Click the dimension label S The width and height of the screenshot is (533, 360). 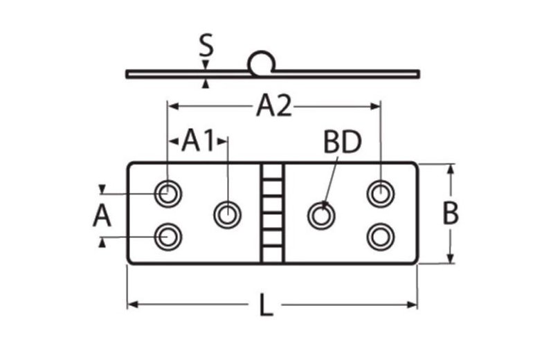click(205, 47)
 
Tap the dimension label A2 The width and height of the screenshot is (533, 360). click(274, 106)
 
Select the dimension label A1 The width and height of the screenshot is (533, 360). click(198, 141)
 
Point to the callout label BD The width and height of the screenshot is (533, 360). click(342, 143)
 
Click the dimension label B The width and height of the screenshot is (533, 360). click(451, 214)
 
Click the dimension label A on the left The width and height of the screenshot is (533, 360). click(102, 216)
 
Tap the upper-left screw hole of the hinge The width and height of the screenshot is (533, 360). click(167, 193)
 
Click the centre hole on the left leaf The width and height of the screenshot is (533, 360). click(226, 215)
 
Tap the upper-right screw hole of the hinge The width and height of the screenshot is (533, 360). click(380, 193)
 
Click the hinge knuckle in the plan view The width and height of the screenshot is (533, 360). click(273, 214)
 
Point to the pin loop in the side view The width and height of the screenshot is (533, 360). click(262, 63)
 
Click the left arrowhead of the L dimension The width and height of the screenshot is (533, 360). click(132, 304)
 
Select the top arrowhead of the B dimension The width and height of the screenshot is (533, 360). click(451, 168)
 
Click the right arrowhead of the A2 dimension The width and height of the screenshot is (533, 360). click(376, 106)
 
